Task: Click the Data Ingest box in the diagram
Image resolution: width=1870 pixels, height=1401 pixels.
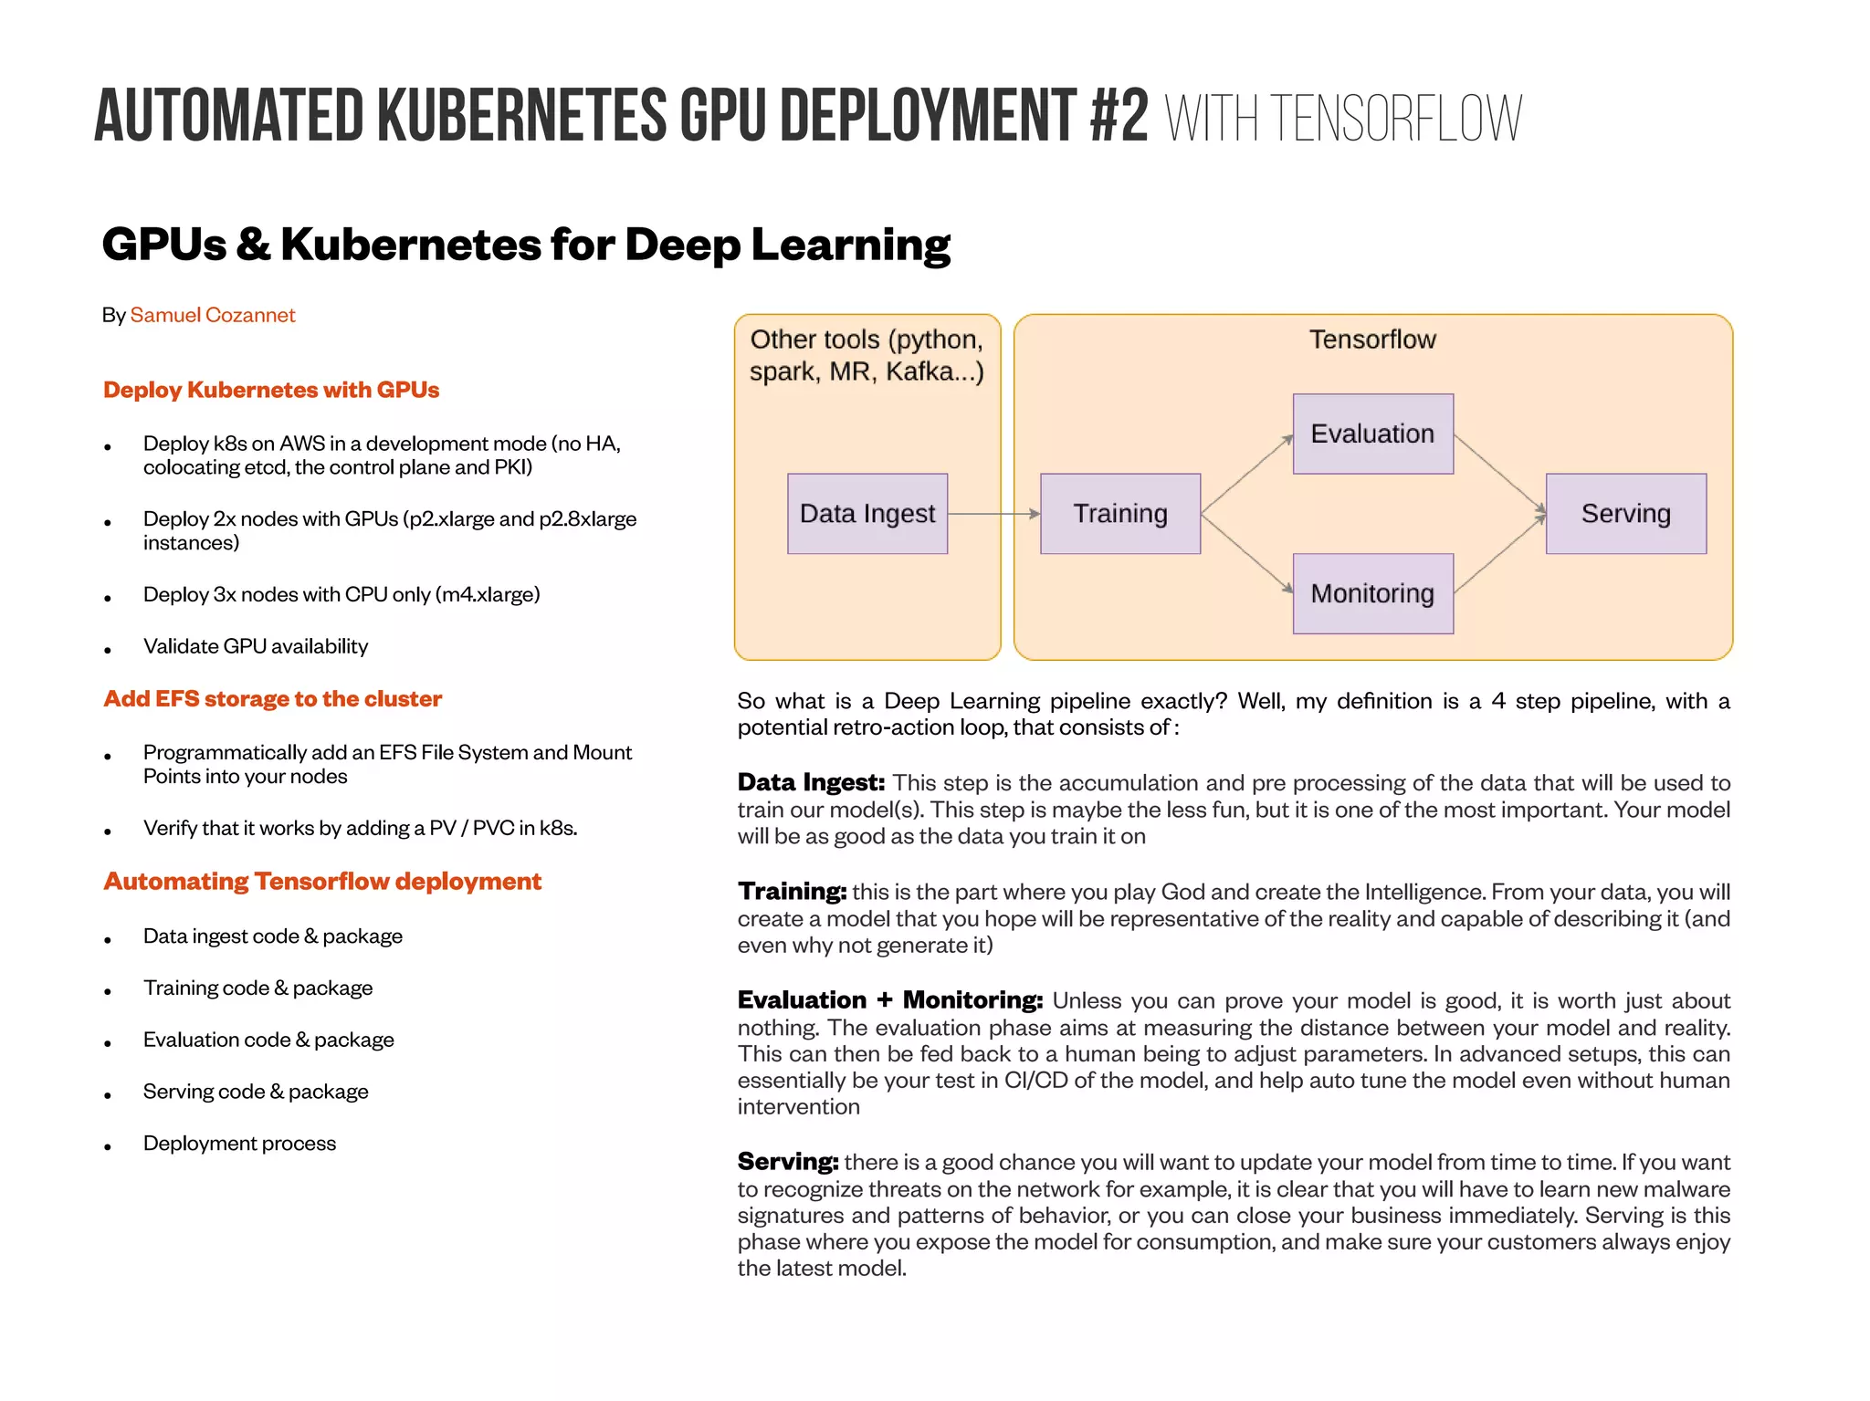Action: (x=867, y=514)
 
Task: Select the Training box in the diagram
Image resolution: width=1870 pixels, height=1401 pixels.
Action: (x=1120, y=514)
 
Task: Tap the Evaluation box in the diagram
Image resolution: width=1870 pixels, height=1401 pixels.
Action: (x=1372, y=434)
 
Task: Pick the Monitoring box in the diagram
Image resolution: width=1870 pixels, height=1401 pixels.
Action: (x=1372, y=593)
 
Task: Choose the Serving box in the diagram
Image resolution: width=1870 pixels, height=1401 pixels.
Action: (x=1625, y=514)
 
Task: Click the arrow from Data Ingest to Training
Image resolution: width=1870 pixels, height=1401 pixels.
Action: (x=993, y=514)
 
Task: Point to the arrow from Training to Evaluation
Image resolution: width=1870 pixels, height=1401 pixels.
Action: (x=1246, y=475)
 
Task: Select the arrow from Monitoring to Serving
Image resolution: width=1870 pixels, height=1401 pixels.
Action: (x=1499, y=554)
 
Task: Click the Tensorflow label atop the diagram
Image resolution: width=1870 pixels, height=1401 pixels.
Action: (x=1372, y=340)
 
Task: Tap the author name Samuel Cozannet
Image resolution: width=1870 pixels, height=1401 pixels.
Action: (x=213, y=315)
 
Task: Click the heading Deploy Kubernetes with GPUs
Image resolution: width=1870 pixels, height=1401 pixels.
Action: (x=271, y=390)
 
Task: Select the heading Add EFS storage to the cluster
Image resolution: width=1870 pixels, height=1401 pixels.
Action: (x=272, y=698)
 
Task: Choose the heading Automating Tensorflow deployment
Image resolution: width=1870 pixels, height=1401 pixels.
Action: (x=322, y=881)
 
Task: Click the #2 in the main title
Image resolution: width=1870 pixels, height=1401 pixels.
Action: (x=1119, y=117)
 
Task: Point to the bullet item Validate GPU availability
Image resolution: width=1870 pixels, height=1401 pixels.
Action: (x=256, y=646)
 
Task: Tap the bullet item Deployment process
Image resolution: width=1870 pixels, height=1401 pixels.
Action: (x=239, y=1143)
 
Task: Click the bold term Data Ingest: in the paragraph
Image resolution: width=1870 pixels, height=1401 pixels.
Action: (x=811, y=782)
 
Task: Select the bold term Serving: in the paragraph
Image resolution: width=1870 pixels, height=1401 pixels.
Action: (x=788, y=1161)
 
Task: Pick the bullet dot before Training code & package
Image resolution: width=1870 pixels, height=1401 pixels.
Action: (x=108, y=992)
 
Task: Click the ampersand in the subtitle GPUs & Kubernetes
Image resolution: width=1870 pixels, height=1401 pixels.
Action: (x=253, y=245)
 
